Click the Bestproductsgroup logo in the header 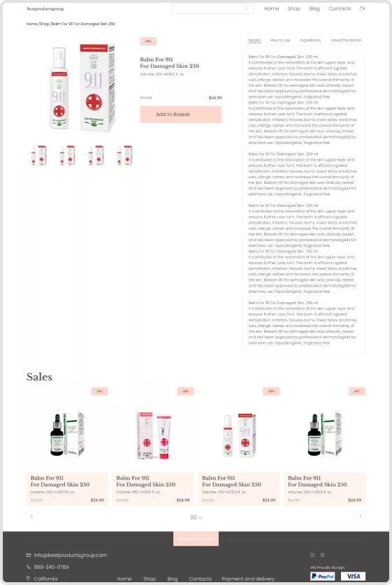45,9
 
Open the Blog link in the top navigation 314,9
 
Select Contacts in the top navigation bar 340,9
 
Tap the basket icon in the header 362,9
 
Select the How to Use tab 280,41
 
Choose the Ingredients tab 310,41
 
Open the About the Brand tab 346,41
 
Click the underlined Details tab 254,41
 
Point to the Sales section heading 39,377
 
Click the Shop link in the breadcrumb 45,24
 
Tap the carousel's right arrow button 360,516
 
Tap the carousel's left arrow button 31,516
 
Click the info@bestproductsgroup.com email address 70,555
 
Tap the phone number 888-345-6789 52,567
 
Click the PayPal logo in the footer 323,577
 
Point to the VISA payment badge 354,577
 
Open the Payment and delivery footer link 248,579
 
